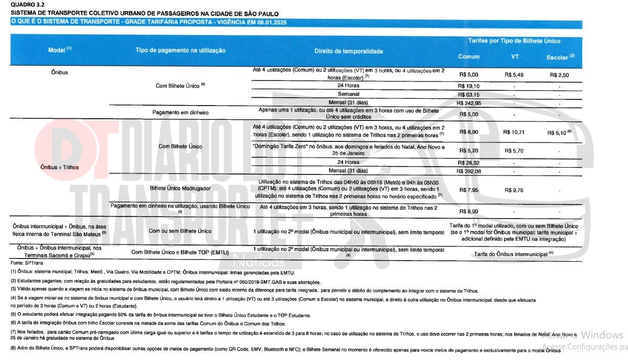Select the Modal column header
[59, 50]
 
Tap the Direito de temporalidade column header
[348, 52]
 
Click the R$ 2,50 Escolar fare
[560, 75]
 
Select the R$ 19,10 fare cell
[469, 85]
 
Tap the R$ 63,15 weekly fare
[469, 94]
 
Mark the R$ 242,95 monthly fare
[469, 103]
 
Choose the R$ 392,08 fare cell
[469, 171]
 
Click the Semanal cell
[348, 94]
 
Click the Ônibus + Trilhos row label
[59, 167]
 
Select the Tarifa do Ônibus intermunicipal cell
[513, 254]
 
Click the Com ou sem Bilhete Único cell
[180, 231]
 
